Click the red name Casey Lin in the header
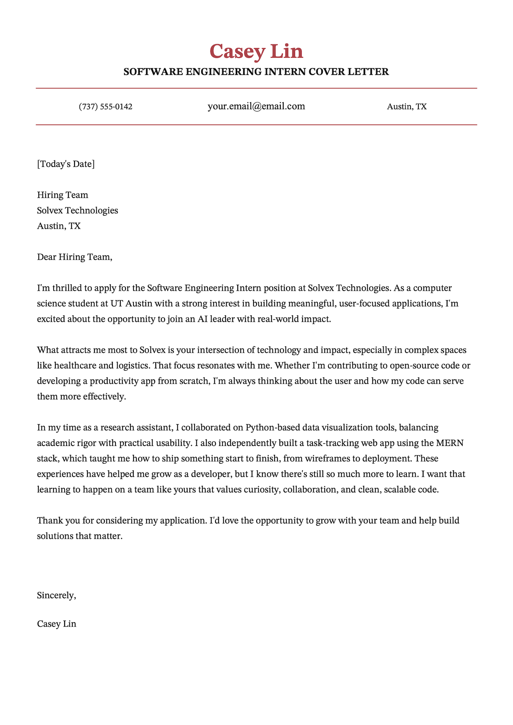(x=256, y=51)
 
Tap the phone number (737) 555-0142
(x=106, y=107)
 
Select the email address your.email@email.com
(x=256, y=107)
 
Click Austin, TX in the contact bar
(x=407, y=107)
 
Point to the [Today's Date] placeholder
(x=66, y=164)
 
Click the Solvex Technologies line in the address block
(x=77, y=211)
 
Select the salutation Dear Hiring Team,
(x=74, y=257)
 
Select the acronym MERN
(x=450, y=443)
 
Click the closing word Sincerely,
(x=57, y=596)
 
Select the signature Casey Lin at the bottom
(x=57, y=624)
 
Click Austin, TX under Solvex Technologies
(x=59, y=226)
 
